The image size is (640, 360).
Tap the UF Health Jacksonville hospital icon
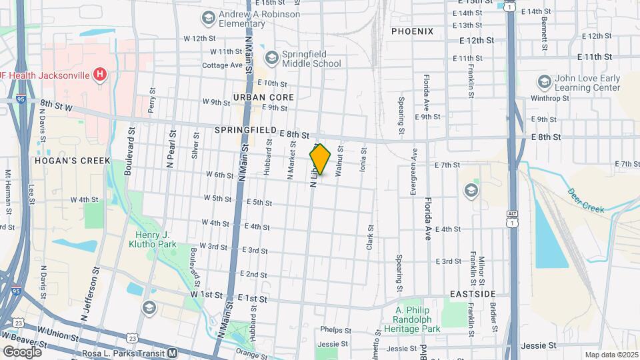point(99,74)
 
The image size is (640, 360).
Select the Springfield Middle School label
point(311,59)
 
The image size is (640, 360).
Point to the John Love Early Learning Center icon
point(544,83)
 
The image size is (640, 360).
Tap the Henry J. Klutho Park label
point(153,239)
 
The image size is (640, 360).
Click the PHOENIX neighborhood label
point(412,31)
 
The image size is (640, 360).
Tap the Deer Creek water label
point(585,200)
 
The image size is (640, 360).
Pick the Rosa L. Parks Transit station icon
point(172,353)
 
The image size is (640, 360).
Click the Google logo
point(23,351)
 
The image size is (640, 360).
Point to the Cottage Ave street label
point(223,65)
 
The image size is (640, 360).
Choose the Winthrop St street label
point(551,98)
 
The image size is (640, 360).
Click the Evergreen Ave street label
point(413,171)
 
